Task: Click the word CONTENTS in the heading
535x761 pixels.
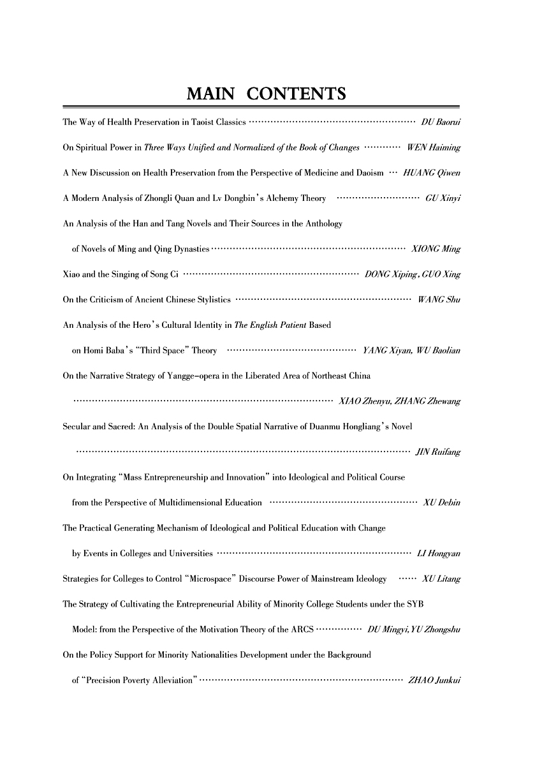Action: [296, 95]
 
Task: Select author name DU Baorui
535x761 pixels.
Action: [441, 121]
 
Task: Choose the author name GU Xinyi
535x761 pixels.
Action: [443, 198]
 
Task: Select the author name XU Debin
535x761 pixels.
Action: [442, 503]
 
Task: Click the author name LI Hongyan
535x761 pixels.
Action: [438, 553]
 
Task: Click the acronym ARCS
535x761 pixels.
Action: [301, 630]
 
